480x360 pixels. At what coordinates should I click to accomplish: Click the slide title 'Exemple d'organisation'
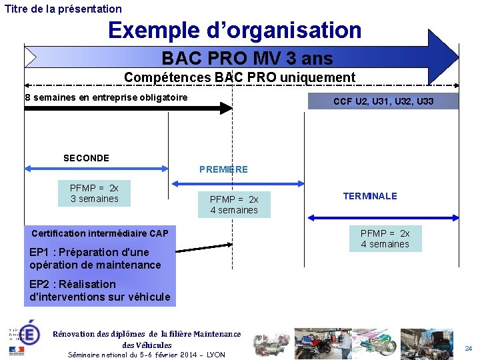[x=235, y=31]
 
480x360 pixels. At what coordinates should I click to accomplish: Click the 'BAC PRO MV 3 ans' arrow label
[x=247, y=59]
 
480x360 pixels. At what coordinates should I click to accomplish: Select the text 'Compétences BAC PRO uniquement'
[x=239, y=77]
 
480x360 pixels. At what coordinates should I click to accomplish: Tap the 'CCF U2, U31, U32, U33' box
[x=383, y=101]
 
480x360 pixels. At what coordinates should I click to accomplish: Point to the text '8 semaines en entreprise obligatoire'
[x=106, y=98]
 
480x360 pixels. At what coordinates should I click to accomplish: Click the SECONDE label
[x=86, y=158]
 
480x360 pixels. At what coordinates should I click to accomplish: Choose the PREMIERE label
[x=223, y=169]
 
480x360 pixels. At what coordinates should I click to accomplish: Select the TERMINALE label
[x=370, y=196]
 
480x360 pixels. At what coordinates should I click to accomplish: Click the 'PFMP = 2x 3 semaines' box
[x=95, y=193]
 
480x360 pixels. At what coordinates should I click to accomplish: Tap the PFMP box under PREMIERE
[x=234, y=205]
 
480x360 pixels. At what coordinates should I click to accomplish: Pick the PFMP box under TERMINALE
[x=385, y=239]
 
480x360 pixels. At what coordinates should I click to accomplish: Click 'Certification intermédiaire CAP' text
[x=100, y=233]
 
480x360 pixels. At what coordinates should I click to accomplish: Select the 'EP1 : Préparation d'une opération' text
[x=95, y=259]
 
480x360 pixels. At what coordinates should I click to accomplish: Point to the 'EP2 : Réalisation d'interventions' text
[x=100, y=291]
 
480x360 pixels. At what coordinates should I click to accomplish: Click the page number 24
[x=468, y=348]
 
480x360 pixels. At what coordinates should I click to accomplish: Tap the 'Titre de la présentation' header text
[x=63, y=9]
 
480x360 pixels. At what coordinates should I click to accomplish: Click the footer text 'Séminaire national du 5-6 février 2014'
[x=147, y=355]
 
